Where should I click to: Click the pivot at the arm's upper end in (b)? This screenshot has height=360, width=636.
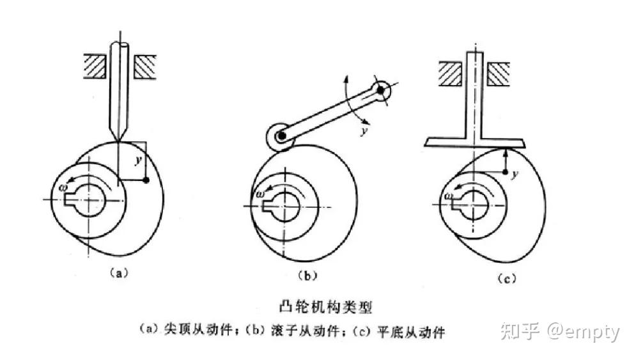coord(382,91)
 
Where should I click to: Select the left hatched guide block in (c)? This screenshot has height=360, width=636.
coord(449,73)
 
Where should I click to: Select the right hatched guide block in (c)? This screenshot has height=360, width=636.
coord(498,73)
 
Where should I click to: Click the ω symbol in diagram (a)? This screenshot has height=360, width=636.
coord(62,187)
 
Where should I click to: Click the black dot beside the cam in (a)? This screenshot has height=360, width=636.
coord(147,182)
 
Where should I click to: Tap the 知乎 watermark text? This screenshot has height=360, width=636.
coord(518,332)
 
